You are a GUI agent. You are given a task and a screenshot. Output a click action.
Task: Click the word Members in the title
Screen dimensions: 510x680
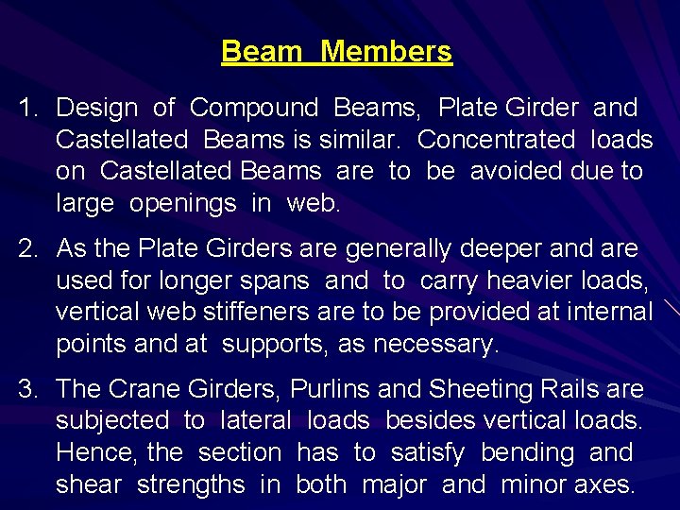point(386,51)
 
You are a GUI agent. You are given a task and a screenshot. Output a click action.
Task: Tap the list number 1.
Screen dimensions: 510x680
point(26,109)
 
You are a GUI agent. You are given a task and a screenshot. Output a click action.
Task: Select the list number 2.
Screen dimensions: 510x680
point(27,249)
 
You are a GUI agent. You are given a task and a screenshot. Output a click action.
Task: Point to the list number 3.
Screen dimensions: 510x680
point(27,389)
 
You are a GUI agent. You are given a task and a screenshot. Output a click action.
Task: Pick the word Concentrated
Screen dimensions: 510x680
point(496,140)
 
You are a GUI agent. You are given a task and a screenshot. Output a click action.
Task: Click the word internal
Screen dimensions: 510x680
point(605,312)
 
